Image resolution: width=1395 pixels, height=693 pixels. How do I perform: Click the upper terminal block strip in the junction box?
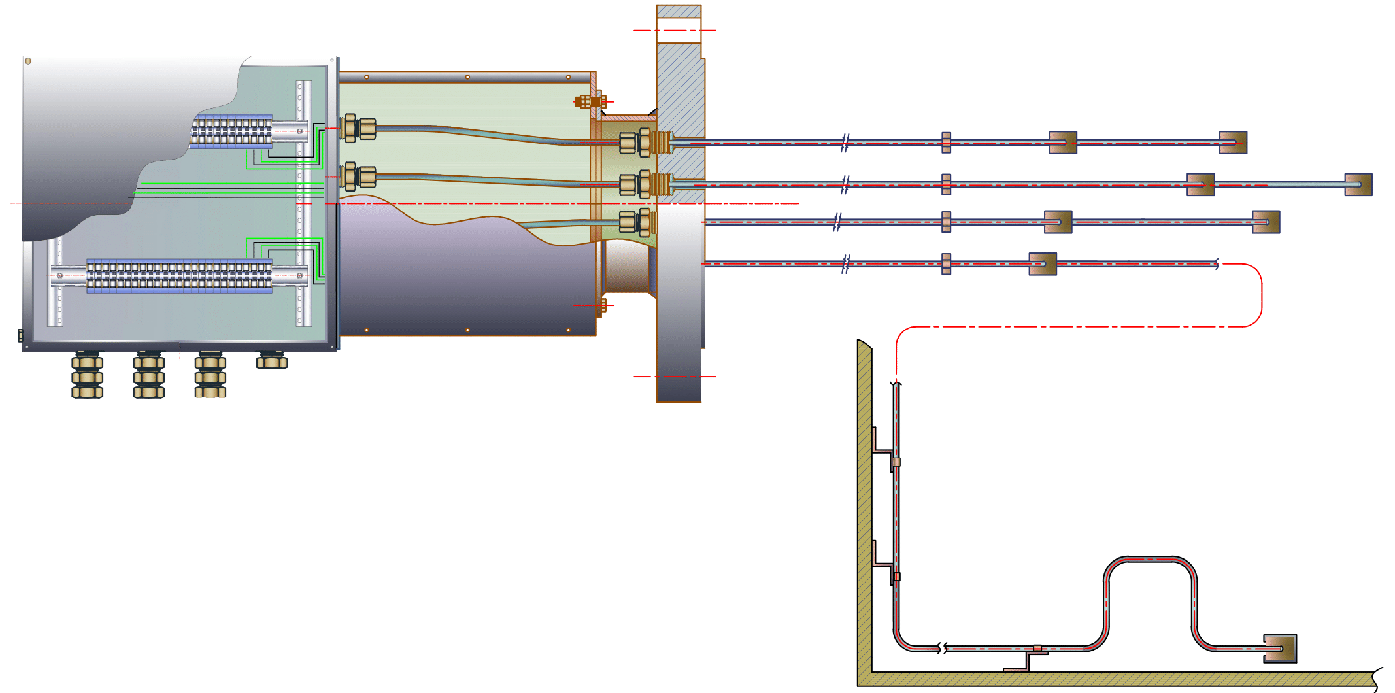231,131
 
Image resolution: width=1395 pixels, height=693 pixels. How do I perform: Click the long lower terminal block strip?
179,275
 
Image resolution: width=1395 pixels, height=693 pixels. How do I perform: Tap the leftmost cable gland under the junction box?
87,376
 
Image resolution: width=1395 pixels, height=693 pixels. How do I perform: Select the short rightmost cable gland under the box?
272,360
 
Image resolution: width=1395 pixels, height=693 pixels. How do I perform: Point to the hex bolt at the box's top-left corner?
28,61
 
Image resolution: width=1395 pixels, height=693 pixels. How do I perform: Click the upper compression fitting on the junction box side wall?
359,128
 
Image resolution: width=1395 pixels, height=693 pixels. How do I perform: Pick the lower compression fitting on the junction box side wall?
359,177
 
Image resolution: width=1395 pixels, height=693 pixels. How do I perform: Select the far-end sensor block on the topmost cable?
1233,143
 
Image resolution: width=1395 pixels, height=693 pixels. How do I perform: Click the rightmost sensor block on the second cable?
1358,184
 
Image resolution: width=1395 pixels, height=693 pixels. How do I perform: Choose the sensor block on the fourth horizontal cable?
1042,264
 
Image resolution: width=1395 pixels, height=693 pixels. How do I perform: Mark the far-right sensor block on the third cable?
1266,222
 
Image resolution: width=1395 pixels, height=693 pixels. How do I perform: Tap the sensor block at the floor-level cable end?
1279,649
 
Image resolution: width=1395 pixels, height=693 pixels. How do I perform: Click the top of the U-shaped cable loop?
1151,559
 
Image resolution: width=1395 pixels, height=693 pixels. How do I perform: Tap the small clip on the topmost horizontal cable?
946,143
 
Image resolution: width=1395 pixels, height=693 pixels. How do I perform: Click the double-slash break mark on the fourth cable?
845,264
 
